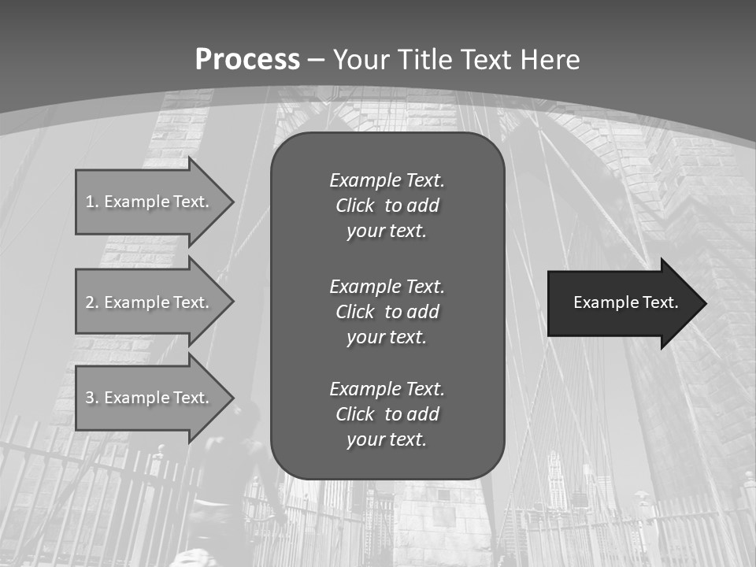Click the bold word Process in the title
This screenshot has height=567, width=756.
tap(247, 60)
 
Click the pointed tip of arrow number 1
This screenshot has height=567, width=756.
tap(232, 202)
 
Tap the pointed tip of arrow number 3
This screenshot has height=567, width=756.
tap(232, 398)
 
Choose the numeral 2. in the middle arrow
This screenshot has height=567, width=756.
tap(92, 302)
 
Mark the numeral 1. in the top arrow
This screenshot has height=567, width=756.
tap(92, 202)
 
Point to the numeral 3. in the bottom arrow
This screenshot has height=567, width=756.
tap(92, 398)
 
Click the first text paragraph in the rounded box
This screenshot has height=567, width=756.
tap(387, 206)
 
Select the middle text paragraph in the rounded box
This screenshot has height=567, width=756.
tap(387, 312)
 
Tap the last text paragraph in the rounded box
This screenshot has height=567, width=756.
tap(387, 414)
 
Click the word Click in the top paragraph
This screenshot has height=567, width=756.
tap(354, 206)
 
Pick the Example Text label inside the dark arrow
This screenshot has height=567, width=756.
tap(625, 302)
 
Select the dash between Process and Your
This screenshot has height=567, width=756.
tap(316, 60)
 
